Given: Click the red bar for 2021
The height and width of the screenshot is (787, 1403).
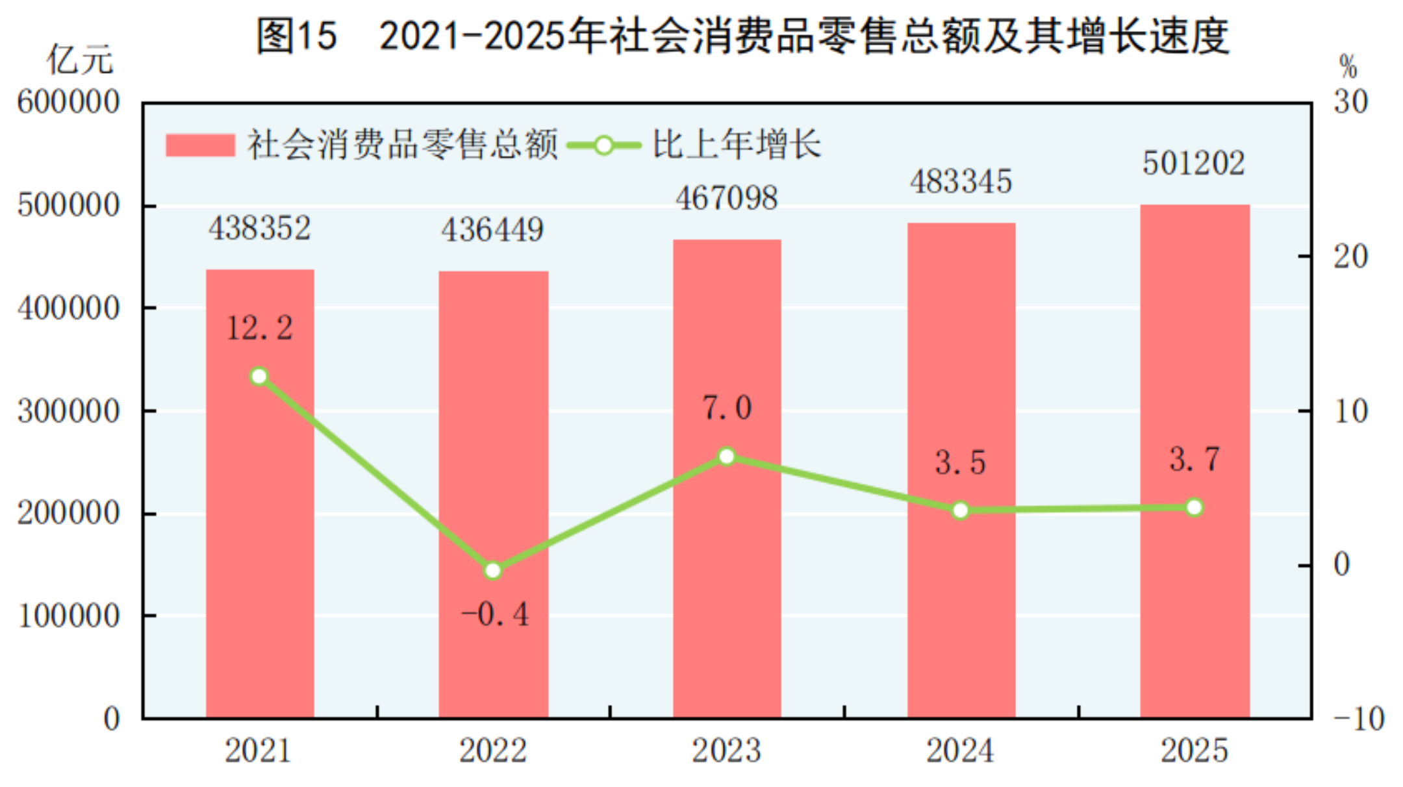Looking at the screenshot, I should point(260,493).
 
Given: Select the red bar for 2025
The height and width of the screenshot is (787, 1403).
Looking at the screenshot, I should point(1194,461).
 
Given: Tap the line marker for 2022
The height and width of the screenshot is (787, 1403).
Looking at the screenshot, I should point(493,570).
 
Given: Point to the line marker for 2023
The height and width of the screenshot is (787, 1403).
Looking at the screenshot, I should point(727,456).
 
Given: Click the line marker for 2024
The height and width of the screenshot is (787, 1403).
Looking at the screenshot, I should point(961,510).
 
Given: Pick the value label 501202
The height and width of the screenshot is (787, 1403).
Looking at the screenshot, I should point(1194,163).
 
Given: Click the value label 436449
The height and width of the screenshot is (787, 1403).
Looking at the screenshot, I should point(492,230).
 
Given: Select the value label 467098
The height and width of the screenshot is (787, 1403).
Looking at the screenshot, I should point(726,198).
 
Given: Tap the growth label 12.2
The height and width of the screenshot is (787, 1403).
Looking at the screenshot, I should point(259,328).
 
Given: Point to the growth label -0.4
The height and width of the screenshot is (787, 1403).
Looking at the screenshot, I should point(495,614).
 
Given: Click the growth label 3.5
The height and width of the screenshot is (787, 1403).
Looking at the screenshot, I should point(960,462).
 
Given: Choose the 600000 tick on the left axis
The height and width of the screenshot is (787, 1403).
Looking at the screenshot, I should point(69,102).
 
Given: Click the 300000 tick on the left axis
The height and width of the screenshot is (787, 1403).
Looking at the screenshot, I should point(69,411).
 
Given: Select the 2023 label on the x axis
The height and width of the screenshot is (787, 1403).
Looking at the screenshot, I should point(726,751).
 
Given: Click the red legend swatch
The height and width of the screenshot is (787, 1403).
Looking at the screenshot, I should point(200,145).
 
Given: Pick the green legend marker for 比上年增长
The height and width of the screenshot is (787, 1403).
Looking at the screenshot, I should point(603,145).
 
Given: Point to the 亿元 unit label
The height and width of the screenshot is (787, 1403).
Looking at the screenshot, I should point(80,60).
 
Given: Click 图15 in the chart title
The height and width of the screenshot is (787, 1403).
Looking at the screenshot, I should point(297,35).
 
